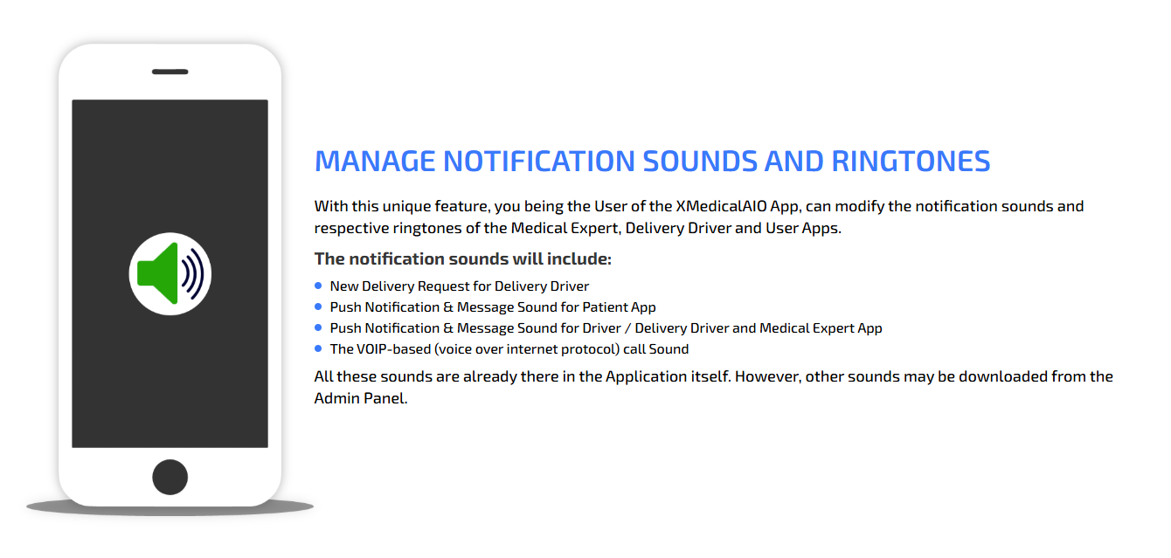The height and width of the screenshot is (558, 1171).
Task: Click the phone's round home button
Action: (170, 477)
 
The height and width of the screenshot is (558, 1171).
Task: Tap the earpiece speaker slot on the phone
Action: (170, 72)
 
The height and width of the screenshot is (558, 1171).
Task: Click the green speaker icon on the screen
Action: (157, 273)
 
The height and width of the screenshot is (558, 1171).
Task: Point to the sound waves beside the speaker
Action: (193, 274)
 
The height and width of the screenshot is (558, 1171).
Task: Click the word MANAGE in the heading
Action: (374, 161)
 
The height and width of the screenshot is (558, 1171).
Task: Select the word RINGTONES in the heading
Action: (911, 161)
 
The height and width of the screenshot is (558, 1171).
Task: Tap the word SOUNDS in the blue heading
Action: (699, 161)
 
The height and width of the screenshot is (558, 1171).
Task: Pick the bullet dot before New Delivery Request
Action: (318, 286)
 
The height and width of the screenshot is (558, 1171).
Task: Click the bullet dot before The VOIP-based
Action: (318, 348)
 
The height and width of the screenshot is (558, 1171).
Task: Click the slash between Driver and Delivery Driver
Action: (627, 328)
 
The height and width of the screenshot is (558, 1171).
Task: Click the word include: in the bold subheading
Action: (579, 258)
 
